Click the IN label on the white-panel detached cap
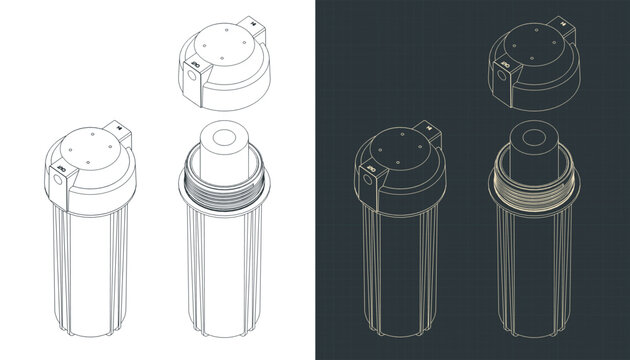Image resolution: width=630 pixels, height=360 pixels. [x=255, y=21]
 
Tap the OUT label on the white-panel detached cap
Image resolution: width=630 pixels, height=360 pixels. [x=197, y=66]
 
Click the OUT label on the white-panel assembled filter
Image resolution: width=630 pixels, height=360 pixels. [x=60, y=172]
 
